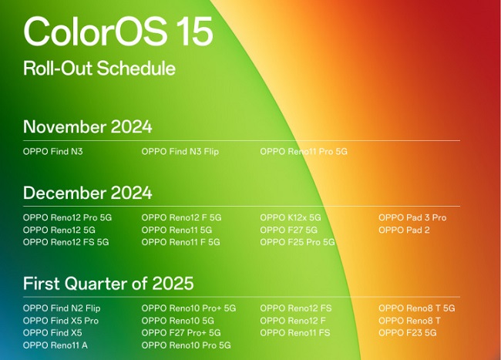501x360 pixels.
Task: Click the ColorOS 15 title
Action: [x=118, y=32]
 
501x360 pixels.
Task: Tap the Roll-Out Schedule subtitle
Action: [x=99, y=68]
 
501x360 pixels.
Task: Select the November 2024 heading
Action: [x=88, y=126]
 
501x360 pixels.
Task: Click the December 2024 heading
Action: [x=88, y=193]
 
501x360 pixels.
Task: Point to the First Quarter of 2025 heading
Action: [x=109, y=283]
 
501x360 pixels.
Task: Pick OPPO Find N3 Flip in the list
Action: [x=180, y=151]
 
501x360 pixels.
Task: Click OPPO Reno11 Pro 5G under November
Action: [x=304, y=151]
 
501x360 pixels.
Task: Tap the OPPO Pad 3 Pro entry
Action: [x=412, y=217]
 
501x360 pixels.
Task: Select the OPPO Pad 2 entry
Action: [x=404, y=230]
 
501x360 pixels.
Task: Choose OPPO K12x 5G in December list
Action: [x=291, y=217]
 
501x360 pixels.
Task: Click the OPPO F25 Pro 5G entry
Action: [x=298, y=242]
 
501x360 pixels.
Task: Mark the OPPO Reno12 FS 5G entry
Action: [x=66, y=242]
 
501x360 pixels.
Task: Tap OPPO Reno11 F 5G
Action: [x=181, y=242]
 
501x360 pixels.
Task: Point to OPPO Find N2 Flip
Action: [x=62, y=308]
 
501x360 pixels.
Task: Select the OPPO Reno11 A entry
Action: [x=55, y=345]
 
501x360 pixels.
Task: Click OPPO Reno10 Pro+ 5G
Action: [x=189, y=308]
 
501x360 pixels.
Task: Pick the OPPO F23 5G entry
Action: [x=408, y=333]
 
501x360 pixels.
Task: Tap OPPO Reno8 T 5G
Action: [x=417, y=308]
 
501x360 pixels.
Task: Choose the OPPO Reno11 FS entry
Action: [x=295, y=333]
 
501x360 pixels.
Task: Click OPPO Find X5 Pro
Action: [x=61, y=321]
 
